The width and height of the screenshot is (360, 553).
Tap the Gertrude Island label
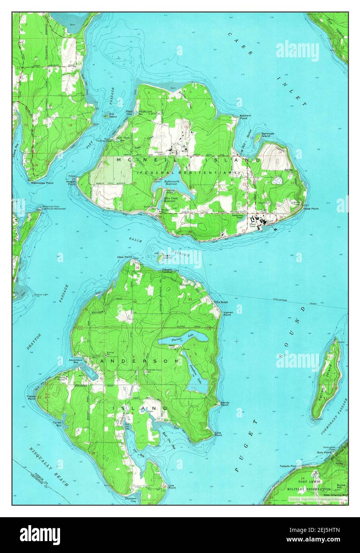click(266, 135)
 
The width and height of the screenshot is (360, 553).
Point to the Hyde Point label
click(311, 208)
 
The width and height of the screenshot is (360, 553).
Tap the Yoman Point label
click(228, 313)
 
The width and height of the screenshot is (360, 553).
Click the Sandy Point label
click(224, 403)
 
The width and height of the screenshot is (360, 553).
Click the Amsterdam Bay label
click(75, 360)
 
